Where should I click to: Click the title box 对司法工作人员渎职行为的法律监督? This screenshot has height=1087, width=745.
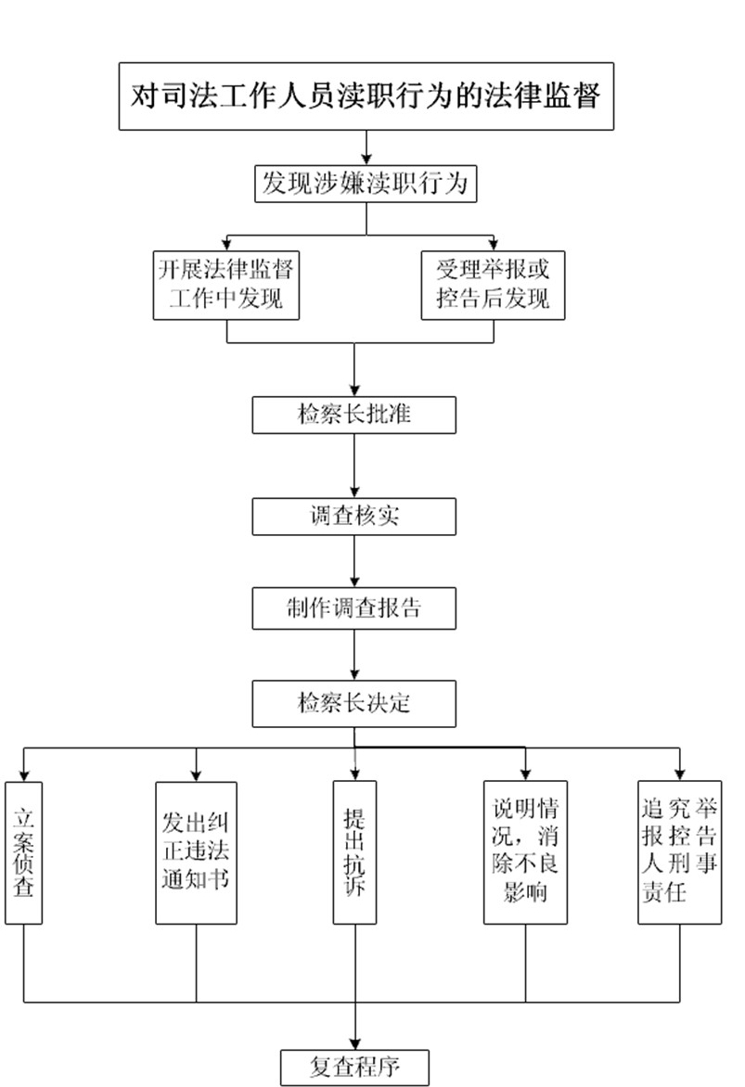(x=366, y=96)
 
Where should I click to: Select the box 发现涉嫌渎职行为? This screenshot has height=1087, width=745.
(x=366, y=184)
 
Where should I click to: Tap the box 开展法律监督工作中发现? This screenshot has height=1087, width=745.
(x=227, y=285)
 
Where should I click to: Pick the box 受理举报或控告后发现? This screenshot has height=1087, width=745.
(x=493, y=285)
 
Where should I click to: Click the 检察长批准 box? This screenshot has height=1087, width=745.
(x=354, y=415)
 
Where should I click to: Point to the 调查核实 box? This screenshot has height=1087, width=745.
(x=354, y=517)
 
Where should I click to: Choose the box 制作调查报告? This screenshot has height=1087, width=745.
(x=354, y=609)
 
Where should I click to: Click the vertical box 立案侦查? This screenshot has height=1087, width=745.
(x=23, y=851)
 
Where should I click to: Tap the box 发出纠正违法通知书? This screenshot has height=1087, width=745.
(x=196, y=851)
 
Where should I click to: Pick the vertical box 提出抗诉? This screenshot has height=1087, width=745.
(x=354, y=851)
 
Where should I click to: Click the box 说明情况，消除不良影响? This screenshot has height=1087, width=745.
(x=526, y=851)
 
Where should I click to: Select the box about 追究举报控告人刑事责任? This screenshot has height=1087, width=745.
(x=680, y=851)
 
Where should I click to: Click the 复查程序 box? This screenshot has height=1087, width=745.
(x=354, y=1067)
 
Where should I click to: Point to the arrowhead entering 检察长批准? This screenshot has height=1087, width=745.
(x=354, y=390)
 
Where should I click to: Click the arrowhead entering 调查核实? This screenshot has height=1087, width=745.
(x=354, y=492)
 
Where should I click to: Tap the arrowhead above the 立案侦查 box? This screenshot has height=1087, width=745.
(x=23, y=774)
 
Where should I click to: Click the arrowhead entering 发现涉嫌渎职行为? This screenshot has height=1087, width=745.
(x=366, y=160)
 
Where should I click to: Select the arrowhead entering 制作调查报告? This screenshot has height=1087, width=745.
(x=354, y=585)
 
